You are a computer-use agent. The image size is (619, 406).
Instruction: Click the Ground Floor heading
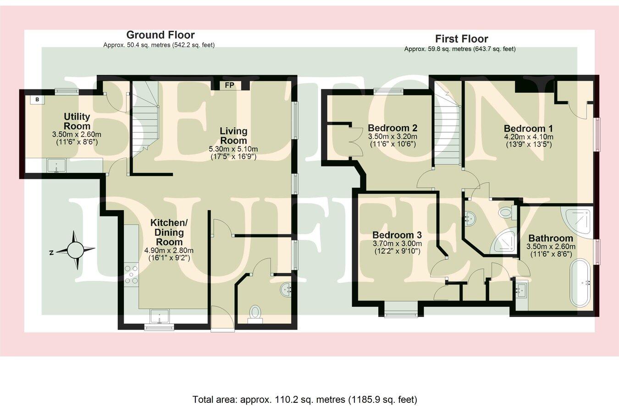(160, 35)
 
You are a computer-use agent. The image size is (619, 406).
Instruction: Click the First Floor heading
(461, 39)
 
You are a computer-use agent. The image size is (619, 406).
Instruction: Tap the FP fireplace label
(229, 85)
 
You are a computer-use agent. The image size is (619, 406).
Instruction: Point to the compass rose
(76, 250)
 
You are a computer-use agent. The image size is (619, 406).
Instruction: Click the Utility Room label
(77, 121)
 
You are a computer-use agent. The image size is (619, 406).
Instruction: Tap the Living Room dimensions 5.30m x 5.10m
(233, 149)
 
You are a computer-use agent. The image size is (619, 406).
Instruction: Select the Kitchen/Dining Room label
(169, 232)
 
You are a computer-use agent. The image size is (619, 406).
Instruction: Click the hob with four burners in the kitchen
(132, 274)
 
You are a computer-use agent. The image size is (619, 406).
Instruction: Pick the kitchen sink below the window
(159, 316)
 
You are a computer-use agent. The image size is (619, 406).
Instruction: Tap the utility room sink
(56, 165)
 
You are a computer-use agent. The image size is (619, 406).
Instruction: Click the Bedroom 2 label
(392, 128)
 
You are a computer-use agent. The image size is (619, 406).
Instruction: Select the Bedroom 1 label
(528, 128)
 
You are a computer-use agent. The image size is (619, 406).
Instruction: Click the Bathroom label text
(551, 238)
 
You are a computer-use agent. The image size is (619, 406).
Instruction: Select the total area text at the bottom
(305, 399)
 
